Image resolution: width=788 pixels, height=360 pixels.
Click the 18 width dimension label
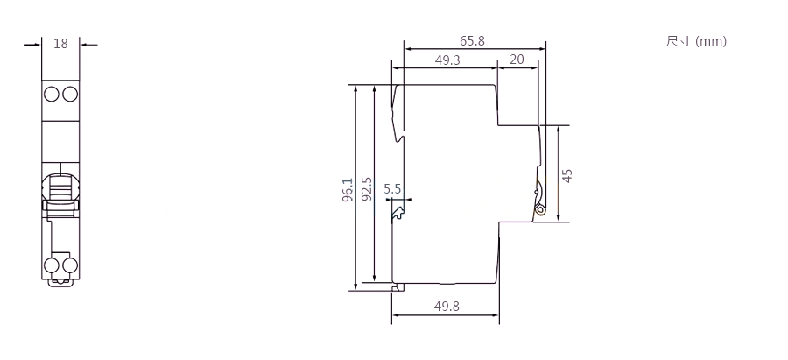coord(60,44)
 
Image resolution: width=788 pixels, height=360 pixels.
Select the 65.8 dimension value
coord(472,40)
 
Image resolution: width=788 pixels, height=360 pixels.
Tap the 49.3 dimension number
coord(447,60)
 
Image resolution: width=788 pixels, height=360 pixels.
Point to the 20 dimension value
coord(517,60)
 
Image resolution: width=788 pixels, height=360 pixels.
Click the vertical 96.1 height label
coord(348,190)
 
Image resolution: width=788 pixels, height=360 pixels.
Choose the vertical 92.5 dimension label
coord(368,189)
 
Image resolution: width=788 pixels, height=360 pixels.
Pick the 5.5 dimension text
coord(392,189)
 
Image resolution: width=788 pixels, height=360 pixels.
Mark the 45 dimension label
coord(566,175)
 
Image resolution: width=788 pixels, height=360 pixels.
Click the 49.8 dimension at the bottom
coord(447,306)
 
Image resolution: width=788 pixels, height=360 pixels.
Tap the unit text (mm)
coord(711,41)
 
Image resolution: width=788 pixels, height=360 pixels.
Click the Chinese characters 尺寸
coord(679,40)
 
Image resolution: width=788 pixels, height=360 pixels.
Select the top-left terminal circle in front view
coord(52,94)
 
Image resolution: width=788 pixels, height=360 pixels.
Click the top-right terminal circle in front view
coord(69,94)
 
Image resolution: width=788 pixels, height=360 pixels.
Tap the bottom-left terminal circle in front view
coord(52,265)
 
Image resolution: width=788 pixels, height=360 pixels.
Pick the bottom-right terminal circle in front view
coord(69,265)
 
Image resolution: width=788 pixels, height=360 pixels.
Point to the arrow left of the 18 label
coord(32,45)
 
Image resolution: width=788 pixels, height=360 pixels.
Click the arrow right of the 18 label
coord(89,45)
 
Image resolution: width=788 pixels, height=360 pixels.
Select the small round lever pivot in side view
coord(540,209)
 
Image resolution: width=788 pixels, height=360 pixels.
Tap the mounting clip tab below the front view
coord(60,283)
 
